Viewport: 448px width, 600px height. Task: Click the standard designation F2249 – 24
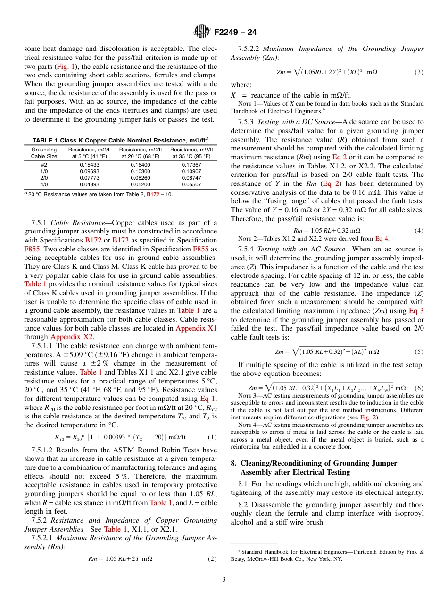pos(235,33)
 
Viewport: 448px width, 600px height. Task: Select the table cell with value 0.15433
pos(90,165)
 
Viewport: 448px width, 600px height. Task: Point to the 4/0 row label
pos(44,184)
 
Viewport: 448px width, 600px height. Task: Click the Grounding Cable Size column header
pos(44,153)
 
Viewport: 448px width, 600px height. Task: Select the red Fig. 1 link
pos(64,67)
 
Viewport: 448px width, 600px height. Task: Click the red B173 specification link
pos(120,240)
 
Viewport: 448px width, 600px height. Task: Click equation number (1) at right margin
pos(212,437)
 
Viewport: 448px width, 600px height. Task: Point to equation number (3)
pos(419,72)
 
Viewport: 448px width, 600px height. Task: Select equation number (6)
pos(419,388)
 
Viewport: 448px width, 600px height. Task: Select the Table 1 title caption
pos(120,140)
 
